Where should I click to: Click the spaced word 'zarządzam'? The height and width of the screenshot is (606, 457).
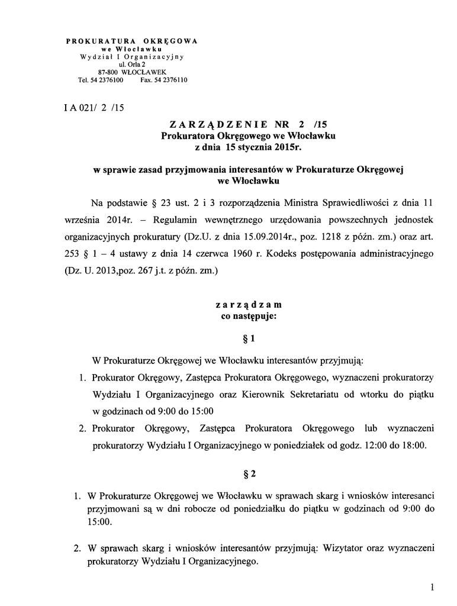click(x=249, y=305)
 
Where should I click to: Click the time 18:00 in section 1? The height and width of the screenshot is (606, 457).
click(x=413, y=446)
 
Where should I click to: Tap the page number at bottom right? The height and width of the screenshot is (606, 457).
click(x=433, y=587)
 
